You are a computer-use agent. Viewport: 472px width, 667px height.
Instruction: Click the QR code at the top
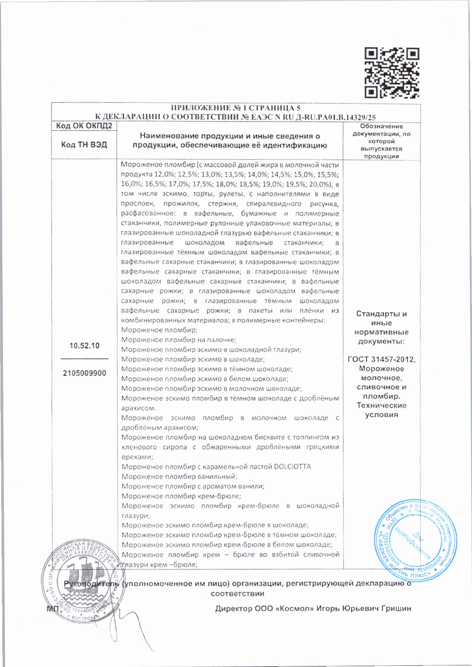coord(391,73)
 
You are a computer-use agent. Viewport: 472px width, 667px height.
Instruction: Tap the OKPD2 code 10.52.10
coord(84,346)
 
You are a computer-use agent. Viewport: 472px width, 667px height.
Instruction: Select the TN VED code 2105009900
coord(84,373)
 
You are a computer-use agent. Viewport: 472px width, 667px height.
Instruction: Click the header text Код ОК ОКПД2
coord(84,126)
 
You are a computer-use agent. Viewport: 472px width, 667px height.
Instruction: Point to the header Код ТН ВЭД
coord(84,145)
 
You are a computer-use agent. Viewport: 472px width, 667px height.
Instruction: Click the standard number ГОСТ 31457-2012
coord(381,360)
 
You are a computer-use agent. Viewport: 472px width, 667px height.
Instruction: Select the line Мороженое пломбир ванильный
coord(179,477)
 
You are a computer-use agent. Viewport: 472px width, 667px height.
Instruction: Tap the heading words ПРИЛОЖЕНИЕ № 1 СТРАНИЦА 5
coord(236,108)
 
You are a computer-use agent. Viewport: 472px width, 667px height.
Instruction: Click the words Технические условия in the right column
coord(381,410)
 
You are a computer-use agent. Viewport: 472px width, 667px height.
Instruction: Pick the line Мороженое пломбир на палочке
coord(179,340)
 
